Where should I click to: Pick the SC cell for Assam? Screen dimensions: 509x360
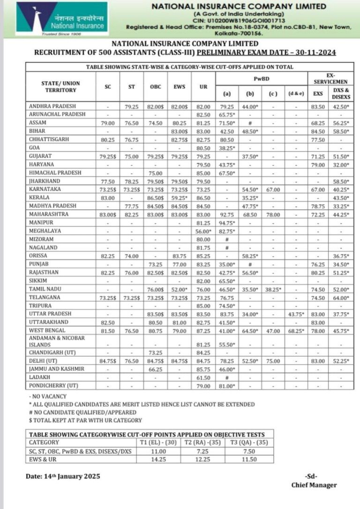(108, 123)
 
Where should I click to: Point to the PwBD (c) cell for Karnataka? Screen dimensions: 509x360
(273, 190)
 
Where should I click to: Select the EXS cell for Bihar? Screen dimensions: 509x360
(318, 131)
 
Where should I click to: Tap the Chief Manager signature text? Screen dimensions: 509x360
(314, 485)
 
